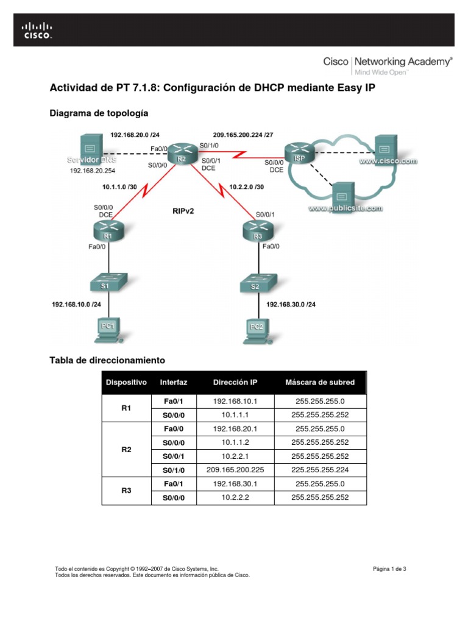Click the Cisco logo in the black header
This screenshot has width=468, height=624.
(37, 30)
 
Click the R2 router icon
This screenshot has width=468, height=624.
(181, 152)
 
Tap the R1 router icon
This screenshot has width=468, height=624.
(108, 230)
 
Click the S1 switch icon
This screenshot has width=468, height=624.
(108, 283)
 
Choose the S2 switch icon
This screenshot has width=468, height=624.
(255, 283)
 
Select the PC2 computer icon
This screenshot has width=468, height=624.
(255, 328)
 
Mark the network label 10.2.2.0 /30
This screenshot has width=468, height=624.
(246, 186)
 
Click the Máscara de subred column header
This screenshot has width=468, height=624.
(320, 383)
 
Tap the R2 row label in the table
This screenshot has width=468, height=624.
(126, 450)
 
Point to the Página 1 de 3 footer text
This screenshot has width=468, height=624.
(389, 569)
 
